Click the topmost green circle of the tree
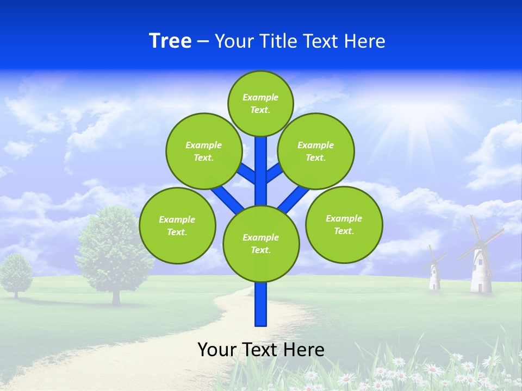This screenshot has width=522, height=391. point(260,103)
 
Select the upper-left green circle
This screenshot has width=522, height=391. point(204,151)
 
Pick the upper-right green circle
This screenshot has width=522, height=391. point(316,151)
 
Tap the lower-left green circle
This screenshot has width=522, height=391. point(177,225)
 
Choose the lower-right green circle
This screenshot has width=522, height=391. point(344,224)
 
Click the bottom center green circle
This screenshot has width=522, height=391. point(261,243)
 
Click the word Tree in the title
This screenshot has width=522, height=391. point(170,41)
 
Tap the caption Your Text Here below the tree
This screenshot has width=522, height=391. point(261,349)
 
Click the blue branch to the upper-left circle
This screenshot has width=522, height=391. point(247,173)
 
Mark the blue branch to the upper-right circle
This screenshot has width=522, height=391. point(274,173)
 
